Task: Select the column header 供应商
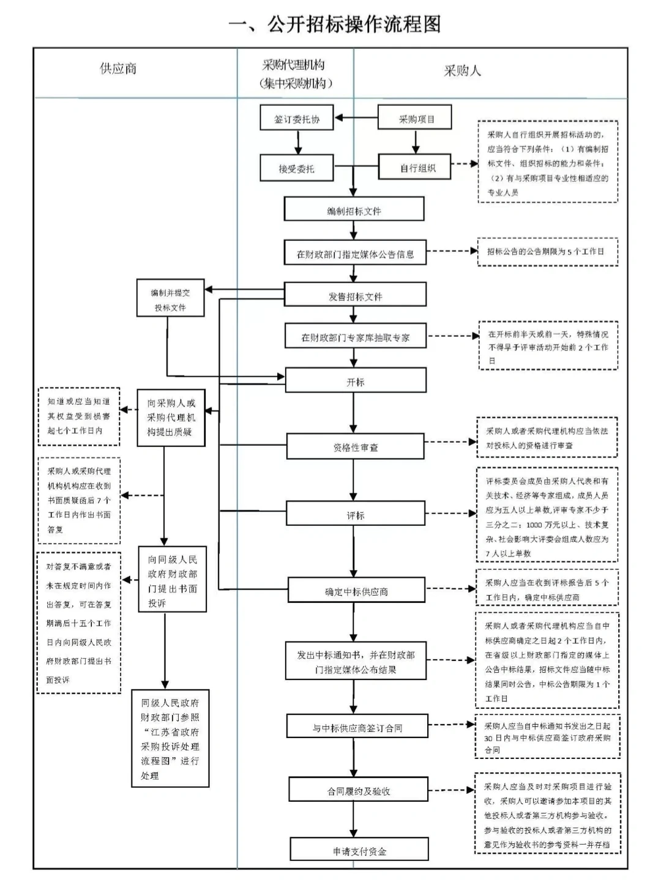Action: click(118, 68)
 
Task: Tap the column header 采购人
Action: click(462, 71)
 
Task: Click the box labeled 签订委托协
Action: click(297, 119)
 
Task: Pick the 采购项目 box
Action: click(416, 119)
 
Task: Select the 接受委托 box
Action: click(297, 168)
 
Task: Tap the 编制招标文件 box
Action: click(354, 210)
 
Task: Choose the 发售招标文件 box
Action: click(355, 296)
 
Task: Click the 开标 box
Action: click(355, 382)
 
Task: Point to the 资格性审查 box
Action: click(355, 447)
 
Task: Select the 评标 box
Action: click(355, 515)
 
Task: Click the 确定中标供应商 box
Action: click(356, 591)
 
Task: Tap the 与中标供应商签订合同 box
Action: click(357, 728)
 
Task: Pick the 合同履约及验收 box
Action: click(358, 791)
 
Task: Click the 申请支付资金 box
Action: click(359, 851)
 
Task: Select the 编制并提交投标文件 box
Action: click(170, 300)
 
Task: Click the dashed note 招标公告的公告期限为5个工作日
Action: click(547, 251)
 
